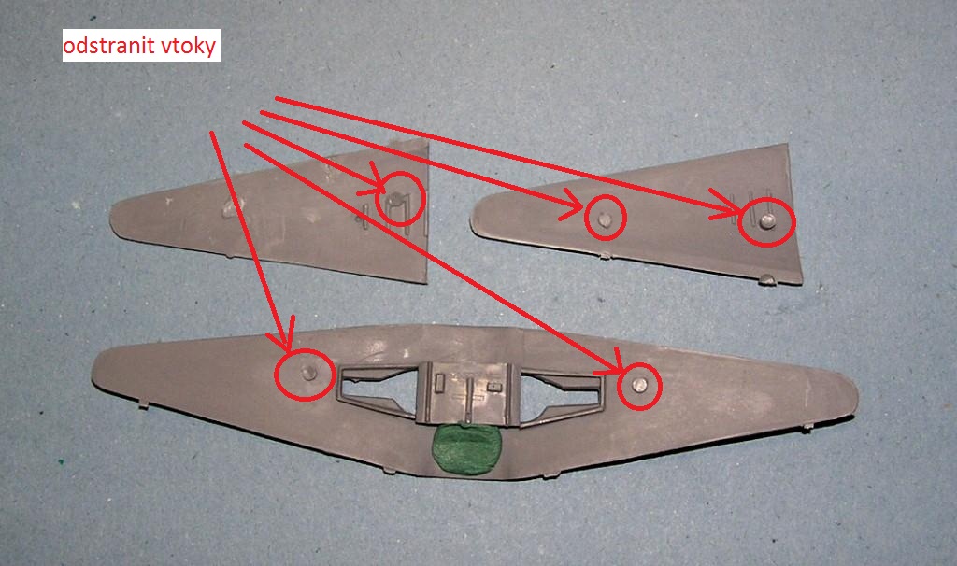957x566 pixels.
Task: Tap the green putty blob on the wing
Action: pyautogui.click(x=465, y=449)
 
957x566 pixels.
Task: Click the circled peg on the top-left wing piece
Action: pyautogui.click(x=395, y=200)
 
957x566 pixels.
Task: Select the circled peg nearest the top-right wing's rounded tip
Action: pyautogui.click(x=605, y=219)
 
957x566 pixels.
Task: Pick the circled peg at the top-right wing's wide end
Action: pyautogui.click(x=768, y=220)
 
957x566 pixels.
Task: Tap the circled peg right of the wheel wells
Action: pyautogui.click(x=639, y=384)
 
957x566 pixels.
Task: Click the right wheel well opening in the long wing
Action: pyautogui.click(x=559, y=393)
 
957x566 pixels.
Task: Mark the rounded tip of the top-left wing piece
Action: pyautogui.click(x=113, y=217)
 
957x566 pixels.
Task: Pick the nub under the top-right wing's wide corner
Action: pyautogui.click(x=767, y=280)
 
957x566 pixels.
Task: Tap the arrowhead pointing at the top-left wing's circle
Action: pyautogui.click(x=374, y=184)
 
